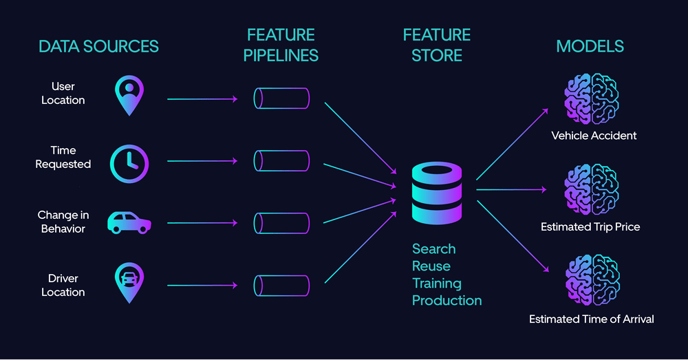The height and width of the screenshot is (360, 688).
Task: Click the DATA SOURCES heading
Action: pyautogui.click(x=98, y=47)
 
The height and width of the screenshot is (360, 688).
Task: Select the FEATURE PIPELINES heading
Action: pyautogui.click(x=281, y=45)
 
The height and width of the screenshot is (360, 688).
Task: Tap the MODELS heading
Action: pyautogui.click(x=590, y=47)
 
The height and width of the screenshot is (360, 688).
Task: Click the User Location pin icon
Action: pyautogui.click(x=129, y=96)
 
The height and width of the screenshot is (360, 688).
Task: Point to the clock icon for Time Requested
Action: pyautogui.click(x=129, y=163)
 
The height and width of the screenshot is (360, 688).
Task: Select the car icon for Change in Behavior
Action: pyautogui.click(x=129, y=222)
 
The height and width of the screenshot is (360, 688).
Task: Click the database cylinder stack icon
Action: pyautogui.click(x=436, y=194)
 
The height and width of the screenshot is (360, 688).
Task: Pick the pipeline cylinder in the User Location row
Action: pyautogui.click(x=281, y=98)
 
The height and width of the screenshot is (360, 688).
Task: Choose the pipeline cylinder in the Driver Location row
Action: pyautogui.click(x=281, y=285)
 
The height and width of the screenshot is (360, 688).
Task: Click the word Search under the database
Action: pyautogui.click(x=433, y=249)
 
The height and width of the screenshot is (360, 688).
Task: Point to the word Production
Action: pyautogui.click(x=447, y=300)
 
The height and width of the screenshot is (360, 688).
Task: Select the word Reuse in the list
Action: pyautogui.click(x=431, y=266)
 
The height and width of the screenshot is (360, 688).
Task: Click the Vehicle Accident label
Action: pyautogui.click(x=594, y=136)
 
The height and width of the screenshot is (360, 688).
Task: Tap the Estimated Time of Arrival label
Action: pyautogui.click(x=591, y=319)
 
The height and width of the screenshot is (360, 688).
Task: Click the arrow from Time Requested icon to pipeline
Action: pyautogui.click(x=202, y=161)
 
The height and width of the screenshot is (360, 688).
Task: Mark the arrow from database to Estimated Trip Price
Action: pyautogui.click(x=510, y=189)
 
